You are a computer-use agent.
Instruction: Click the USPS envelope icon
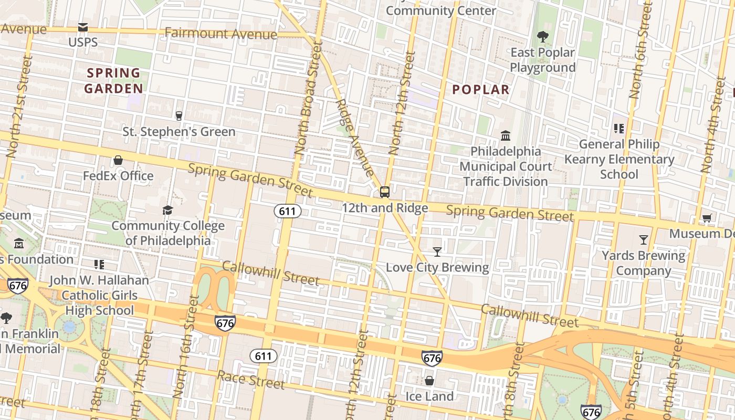point(83,27)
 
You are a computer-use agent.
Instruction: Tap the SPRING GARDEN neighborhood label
point(113,81)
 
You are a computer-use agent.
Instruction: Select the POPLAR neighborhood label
point(481,90)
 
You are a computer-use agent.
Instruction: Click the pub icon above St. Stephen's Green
point(179,115)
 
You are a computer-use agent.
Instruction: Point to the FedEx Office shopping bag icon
point(118,160)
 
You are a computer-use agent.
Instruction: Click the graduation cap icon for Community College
point(167,211)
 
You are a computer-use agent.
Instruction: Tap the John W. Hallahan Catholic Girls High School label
point(99,295)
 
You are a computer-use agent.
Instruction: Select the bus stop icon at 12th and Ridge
point(385,192)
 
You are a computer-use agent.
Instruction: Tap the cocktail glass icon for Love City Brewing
point(437,252)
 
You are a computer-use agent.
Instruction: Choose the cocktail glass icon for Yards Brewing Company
point(644,240)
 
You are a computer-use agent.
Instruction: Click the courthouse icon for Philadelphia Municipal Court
point(506,136)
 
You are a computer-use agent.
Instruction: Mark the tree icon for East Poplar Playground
point(542,37)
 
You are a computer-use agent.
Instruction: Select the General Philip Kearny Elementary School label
point(619,159)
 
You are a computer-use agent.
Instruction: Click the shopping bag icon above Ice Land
point(429,381)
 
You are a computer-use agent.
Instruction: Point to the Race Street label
point(250,380)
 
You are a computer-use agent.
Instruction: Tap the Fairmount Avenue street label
point(220,34)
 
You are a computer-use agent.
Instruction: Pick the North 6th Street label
point(641,58)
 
